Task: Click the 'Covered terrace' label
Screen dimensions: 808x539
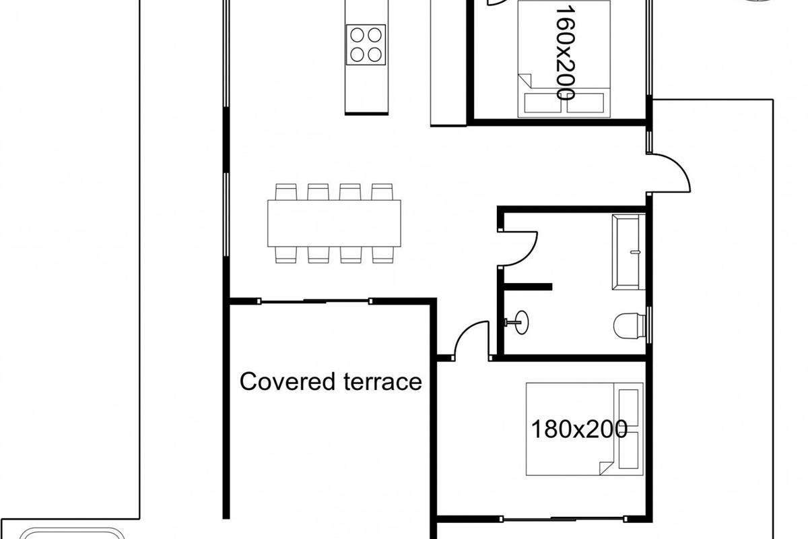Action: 331,382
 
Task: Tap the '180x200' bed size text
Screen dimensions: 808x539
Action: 579,429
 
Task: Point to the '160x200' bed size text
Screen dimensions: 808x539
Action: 565,53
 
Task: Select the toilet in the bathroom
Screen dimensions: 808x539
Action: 630,325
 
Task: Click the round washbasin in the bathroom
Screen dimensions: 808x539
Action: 521,322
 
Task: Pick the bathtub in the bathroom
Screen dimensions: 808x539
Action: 629,251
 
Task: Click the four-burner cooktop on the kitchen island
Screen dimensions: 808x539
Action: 366,44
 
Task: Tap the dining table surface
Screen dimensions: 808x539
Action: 334,223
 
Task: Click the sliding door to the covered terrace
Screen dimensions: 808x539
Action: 315,300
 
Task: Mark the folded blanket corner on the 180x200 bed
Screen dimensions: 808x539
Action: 605,468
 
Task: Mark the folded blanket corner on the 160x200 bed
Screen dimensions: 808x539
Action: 525,81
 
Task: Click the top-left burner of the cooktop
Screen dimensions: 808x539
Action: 357,35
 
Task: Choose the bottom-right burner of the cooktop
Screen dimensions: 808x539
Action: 375,55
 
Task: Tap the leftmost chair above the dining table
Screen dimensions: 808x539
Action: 286,192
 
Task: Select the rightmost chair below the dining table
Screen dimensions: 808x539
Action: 382,255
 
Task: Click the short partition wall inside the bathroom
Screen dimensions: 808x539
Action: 528,286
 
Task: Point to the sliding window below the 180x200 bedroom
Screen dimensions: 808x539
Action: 563,529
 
